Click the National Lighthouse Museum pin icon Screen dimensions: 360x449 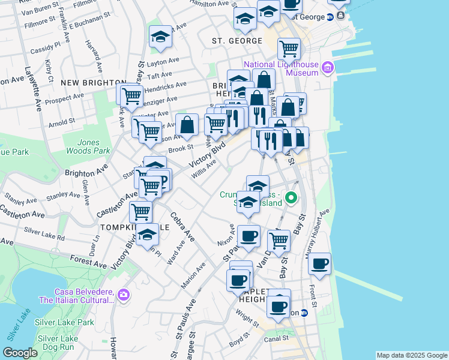(x=328, y=68)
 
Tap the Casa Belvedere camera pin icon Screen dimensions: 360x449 (x=124, y=294)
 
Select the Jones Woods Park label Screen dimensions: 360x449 (x=94, y=147)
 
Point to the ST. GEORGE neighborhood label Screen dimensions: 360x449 (x=237, y=41)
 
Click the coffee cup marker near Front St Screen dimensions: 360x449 (x=320, y=263)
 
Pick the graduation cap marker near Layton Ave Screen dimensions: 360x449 (x=160, y=36)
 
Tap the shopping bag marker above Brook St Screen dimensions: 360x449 (x=187, y=125)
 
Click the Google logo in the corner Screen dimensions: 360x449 (x=20, y=353)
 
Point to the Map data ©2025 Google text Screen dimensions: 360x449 (x=412, y=355)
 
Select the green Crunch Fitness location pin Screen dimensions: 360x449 (x=291, y=197)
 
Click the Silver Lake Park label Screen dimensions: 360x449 (x=64, y=322)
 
